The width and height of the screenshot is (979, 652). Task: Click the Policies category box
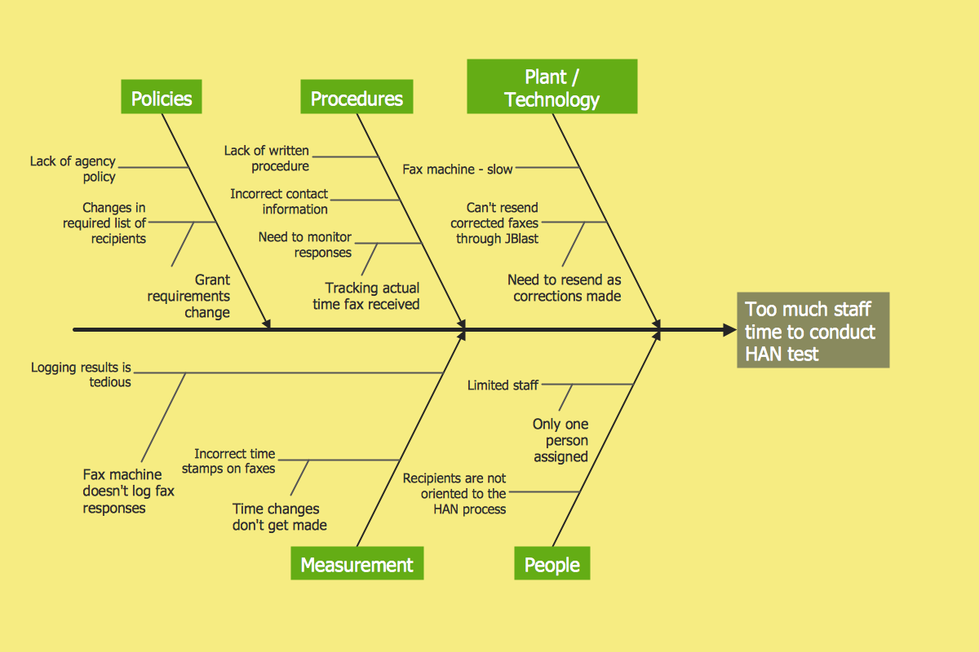(162, 99)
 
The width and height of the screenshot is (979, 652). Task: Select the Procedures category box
(357, 99)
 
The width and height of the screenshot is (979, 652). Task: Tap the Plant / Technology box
(552, 88)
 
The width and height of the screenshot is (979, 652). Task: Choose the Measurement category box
(357, 565)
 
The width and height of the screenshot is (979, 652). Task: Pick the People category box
(552, 565)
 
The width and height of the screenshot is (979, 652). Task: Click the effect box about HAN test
(813, 331)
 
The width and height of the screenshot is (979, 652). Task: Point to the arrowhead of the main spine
(729, 330)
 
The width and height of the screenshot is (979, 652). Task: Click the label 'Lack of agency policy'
(73, 169)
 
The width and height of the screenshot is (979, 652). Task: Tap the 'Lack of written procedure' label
(267, 158)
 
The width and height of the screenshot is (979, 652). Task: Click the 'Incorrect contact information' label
(279, 201)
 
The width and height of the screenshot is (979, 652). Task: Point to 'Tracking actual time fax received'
(367, 296)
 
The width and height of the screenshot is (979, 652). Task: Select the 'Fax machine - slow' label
(458, 170)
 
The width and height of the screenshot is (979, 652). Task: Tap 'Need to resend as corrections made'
(565, 288)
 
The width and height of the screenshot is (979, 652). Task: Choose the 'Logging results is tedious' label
(82, 375)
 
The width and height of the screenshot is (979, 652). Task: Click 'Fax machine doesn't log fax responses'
(129, 491)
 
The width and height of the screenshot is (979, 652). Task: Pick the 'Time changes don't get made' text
(279, 517)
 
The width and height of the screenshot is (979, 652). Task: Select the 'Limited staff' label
(503, 385)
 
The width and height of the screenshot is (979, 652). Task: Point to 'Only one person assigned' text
(560, 440)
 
